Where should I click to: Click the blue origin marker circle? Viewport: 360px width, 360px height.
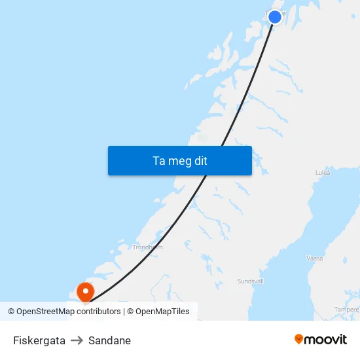(x=275, y=17)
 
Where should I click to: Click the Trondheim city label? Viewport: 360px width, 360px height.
(x=147, y=247)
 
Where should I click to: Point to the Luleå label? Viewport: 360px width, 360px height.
(x=323, y=173)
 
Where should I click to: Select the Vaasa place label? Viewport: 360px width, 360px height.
(x=315, y=259)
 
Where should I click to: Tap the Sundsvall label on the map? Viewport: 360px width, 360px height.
(x=250, y=281)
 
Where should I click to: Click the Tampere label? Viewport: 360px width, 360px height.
(x=346, y=309)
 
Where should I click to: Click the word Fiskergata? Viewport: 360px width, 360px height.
(x=39, y=340)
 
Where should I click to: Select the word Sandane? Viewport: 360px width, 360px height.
(x=109, y=340)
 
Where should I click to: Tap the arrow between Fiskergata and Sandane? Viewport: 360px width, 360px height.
(x=77, y=340)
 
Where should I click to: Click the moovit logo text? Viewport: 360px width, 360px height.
(x=325, y=340)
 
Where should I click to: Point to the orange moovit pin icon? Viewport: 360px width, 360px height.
(x=299, y=339)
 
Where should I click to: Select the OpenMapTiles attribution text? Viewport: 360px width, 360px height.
(x=158, y=312)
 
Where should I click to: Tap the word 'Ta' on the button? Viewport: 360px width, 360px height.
(x=159, y=161)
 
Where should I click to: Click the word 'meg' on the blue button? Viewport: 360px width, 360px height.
(x=179, y=161)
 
